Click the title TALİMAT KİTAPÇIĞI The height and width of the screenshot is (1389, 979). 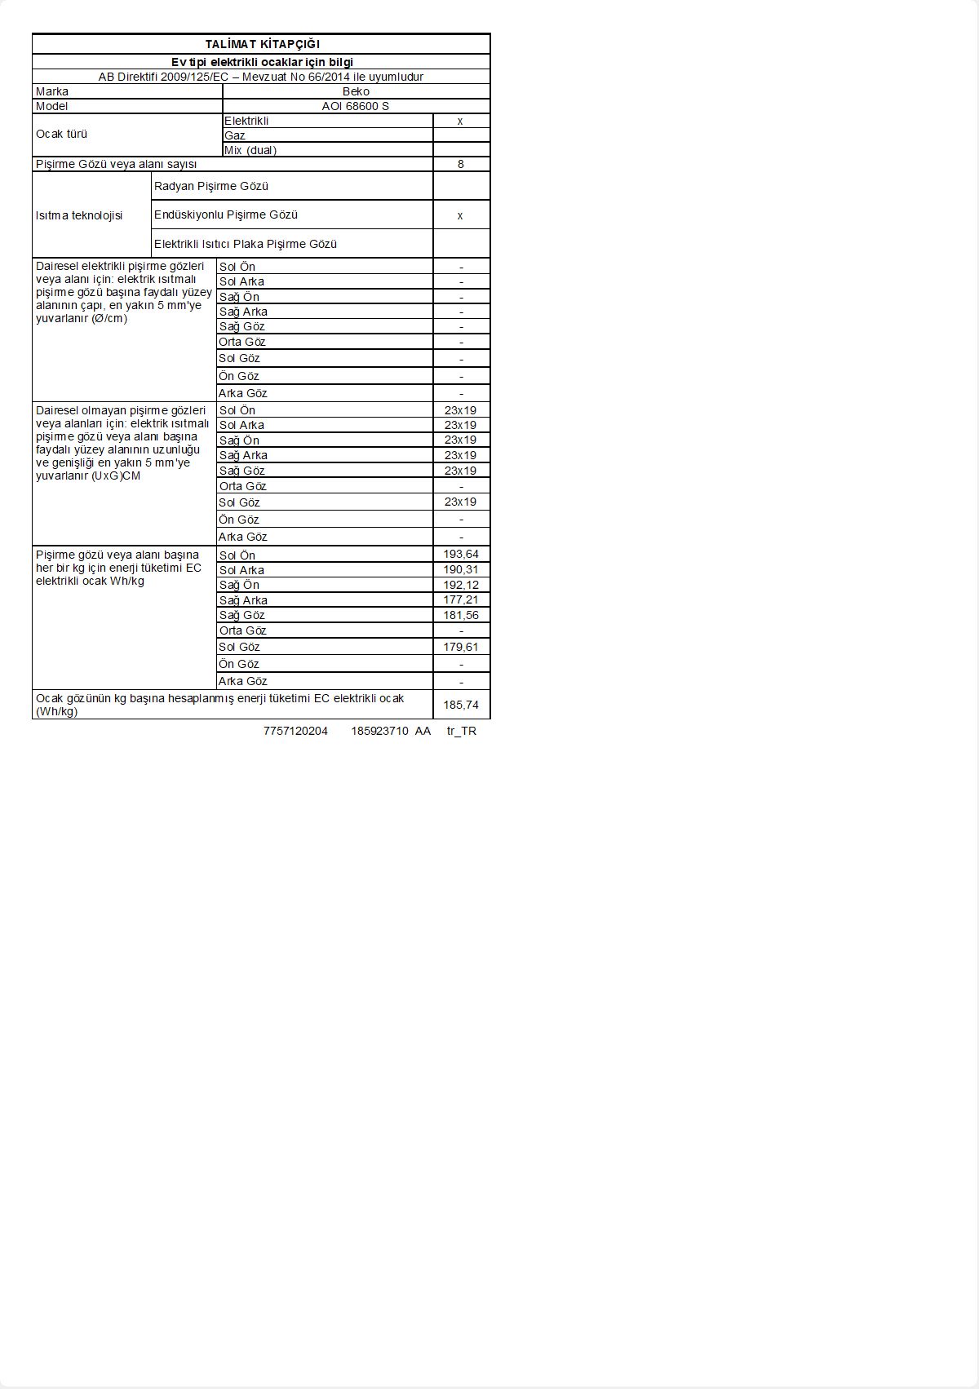click(262, 44)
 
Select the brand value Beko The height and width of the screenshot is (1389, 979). click(356, 91)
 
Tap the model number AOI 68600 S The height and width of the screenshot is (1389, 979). click(356, 106)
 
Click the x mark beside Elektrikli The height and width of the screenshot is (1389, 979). click(460, 121)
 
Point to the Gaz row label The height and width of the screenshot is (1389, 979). click(235, 135)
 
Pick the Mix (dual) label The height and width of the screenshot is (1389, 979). click(250, 150)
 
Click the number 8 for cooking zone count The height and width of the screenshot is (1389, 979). click(461, 164)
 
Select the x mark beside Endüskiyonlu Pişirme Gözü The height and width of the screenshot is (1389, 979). click(460, 215)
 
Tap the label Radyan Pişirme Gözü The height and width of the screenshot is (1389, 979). click(211, 186)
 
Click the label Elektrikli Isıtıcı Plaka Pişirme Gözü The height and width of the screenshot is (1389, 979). click(246, 244)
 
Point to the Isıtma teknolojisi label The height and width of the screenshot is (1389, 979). click(79, 215)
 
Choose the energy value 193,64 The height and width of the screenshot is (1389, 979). click(461, 555)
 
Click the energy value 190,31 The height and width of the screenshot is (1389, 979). click(461, 569)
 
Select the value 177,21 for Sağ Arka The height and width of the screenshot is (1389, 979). click(461, 599)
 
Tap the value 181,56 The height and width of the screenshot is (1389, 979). click(461, 615)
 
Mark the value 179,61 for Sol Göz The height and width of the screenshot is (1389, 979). click(461, 647)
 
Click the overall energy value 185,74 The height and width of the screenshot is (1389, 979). click(461, 705)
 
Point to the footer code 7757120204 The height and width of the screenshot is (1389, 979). click(295, 731)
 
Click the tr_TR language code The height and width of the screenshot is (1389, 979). click(462, 731)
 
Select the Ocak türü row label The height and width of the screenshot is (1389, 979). click(61, 134)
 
